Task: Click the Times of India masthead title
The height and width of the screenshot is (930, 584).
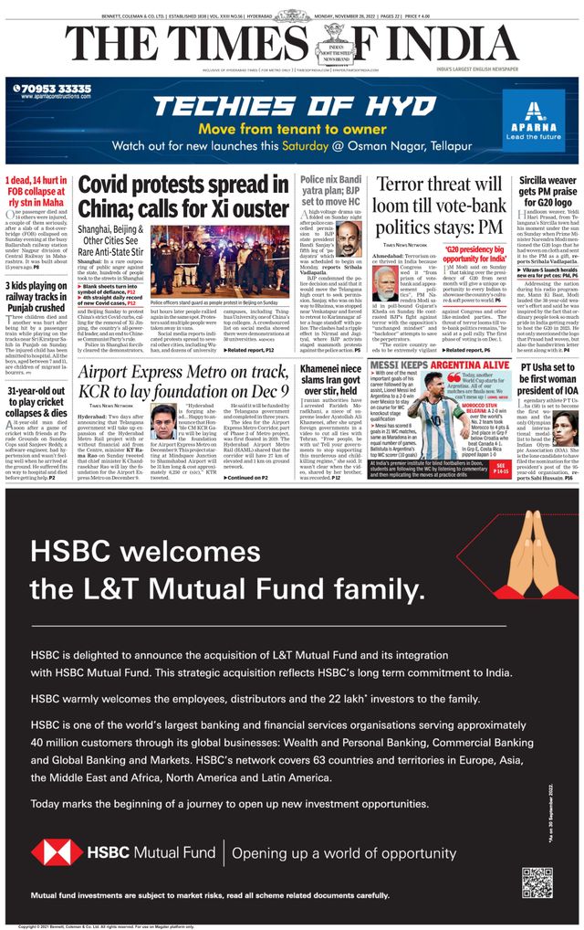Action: [292, 42]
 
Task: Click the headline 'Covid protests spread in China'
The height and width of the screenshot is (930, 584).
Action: [183, 196]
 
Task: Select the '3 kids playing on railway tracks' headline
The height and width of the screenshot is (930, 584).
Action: [36, 297]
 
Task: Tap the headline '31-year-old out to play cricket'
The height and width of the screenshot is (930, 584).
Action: [36, 403]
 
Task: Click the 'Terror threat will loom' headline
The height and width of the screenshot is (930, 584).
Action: [440, 206]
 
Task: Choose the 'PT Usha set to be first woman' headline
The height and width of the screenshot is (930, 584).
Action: [547, 379]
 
